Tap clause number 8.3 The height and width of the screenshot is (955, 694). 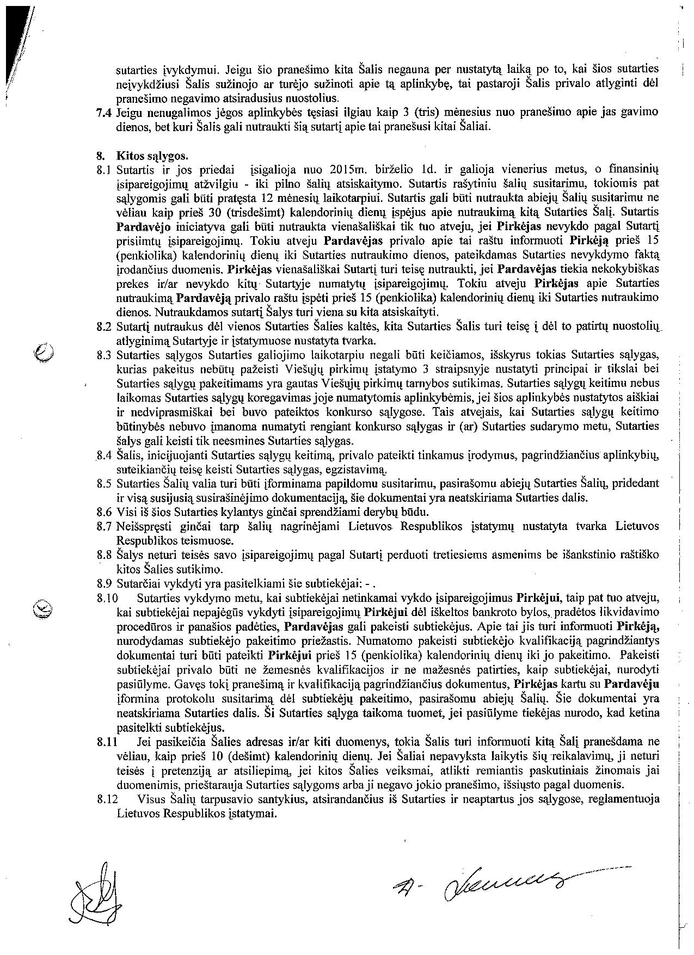103,355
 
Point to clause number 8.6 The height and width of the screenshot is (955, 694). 103,512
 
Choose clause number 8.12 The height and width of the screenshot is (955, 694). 107,799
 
